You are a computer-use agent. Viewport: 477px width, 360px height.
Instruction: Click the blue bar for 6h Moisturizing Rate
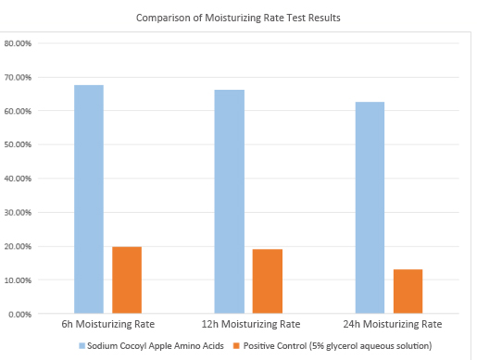[x=89, y=199]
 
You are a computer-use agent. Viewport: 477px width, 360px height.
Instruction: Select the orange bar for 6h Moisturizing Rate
[x=127, y=279]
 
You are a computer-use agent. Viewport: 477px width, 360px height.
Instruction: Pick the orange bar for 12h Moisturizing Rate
[x=268, y=281]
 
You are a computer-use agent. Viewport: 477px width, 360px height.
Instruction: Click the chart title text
[x=238, y=18]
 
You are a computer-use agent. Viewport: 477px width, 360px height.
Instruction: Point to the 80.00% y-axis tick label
[x=19, y=43]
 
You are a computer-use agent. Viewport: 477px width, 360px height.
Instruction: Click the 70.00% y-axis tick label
[x=19, y=77]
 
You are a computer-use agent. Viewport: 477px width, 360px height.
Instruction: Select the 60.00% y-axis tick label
[x=19, y=111]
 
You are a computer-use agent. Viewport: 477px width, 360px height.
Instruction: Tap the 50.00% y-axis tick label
[x=19, y=144]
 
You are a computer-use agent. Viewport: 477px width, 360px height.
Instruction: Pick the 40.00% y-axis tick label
[x=19, y=179]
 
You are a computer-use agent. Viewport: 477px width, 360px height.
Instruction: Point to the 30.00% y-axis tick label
[x=19, y=212]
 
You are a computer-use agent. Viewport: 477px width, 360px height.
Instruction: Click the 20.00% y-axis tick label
[x=19, y=246]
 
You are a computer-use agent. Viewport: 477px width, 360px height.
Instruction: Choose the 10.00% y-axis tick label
[x=19, y=279]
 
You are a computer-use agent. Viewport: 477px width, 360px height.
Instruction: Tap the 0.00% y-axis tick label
[x=21, y=314]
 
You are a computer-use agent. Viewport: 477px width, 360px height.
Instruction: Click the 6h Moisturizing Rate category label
[x=108, y=325]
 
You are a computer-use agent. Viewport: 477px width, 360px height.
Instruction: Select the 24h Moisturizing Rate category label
[x=389, y=325]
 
